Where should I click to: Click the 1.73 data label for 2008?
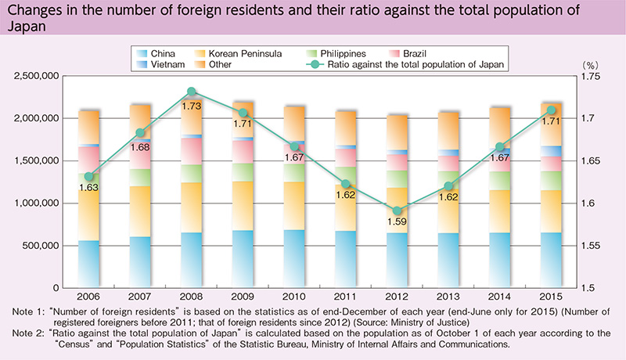(x=191, y=105)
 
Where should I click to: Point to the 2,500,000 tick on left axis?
(x=34, y=77)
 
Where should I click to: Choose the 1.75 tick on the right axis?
(x=588, y=77)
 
